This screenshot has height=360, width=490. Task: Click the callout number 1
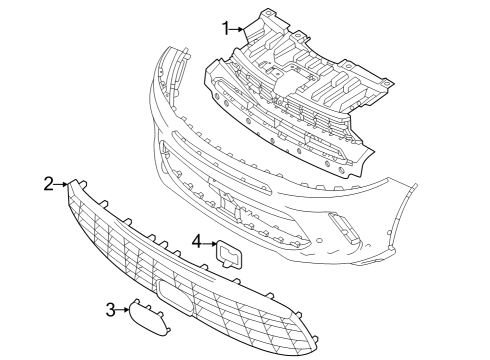pyautogui.click(x=226, y=27)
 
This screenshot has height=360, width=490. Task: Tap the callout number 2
pyautogui.click(x=48, y=183)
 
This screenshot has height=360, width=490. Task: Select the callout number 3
pyautogui.click(x=111, y=310)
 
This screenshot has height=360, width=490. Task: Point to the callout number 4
pyautogui.click(x=197, y=241)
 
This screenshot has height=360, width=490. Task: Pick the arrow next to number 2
pyautogui.click(x=62, y=184)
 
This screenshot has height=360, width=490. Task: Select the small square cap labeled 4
pyautogui.click(x=230, y=255)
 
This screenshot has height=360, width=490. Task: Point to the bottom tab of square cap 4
pyautogui.click(x=235, y=267)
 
